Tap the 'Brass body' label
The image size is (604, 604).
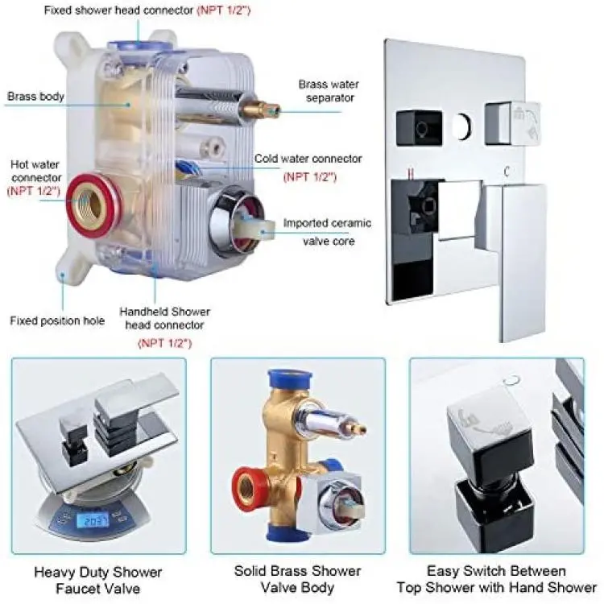point(35,97)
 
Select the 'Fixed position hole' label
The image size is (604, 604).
point(57,321)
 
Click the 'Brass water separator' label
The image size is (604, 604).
point(329,91)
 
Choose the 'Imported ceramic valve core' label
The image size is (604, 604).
point(328,232)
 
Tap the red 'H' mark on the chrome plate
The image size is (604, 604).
point(411,173)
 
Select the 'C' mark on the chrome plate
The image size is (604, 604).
point(507,171)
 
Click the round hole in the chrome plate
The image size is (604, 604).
point(461,126)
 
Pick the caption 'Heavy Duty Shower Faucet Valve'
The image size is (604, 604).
point(97,580)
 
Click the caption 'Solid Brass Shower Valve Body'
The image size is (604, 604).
point(297,579)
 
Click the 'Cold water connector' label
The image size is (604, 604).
point(308,159)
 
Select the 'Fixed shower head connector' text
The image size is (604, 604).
point(118,10)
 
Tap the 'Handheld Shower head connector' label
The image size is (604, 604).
point(165,318)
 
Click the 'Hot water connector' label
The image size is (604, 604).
point(35,171)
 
